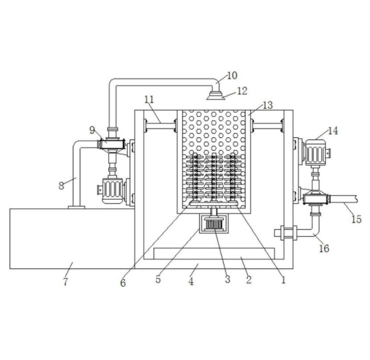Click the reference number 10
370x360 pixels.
tap(232, 75)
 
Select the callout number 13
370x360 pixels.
tap(268, 105)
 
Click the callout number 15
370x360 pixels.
tap(356, 219)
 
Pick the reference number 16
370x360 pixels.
tap(324, 249)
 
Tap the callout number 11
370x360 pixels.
tap(148, 99)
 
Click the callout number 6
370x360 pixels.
tap(123, 282)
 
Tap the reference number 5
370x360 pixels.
tap(158, 280)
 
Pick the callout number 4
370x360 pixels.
tap(191, 282)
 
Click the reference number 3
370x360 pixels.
tap(227, 280)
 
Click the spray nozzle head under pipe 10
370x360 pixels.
tap(215, 94)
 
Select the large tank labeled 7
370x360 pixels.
tap(70, 238)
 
